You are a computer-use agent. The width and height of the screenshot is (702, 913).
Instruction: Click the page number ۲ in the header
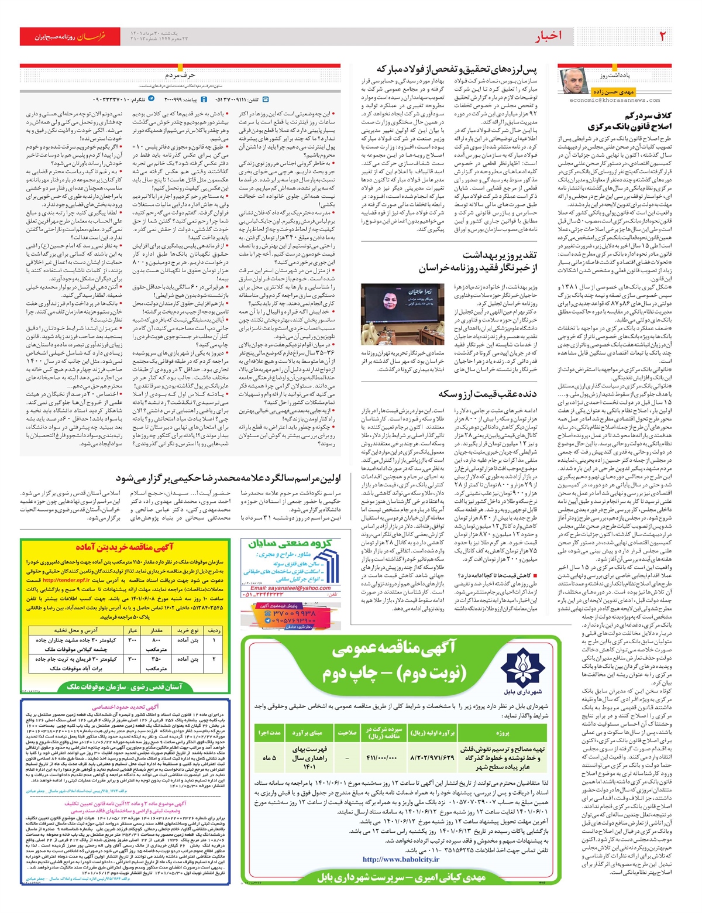663,36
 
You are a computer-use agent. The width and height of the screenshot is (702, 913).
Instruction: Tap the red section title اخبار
548,36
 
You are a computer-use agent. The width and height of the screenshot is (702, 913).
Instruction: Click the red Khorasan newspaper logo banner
69,36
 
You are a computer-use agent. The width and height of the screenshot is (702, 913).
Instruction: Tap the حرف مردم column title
180,75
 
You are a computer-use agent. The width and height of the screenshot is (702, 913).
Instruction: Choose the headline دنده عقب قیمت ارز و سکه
487,393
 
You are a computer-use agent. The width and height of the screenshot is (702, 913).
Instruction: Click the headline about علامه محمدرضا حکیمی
228,478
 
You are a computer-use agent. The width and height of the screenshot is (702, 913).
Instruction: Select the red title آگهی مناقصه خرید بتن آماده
124,547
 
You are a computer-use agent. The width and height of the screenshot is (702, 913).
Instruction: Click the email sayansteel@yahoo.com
291,588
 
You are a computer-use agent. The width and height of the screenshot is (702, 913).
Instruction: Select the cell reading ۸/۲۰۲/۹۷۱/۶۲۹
433,757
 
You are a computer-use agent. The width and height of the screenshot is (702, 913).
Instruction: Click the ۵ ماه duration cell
269,757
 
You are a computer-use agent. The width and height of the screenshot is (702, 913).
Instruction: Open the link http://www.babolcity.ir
401,859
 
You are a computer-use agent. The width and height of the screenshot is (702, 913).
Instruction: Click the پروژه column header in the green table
502,732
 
